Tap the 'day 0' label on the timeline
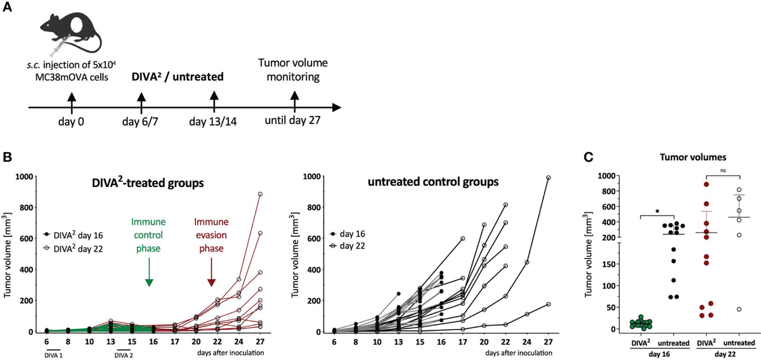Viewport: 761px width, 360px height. (x=71, y=121)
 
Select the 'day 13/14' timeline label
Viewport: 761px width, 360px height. (x=213, y=121)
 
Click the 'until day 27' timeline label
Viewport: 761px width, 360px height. (x=293, y=120)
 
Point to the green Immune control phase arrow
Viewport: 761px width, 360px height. (x=149, y=273)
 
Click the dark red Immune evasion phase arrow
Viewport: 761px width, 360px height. (x=211, y=273)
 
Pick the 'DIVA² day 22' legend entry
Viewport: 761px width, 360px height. (x=73, y=249)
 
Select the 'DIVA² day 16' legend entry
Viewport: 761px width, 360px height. (x=73, y=235)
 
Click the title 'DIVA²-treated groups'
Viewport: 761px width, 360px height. (x=148, y=183)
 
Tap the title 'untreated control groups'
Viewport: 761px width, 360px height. (x=433, y=182)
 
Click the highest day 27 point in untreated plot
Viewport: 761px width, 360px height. (x=548, y=177)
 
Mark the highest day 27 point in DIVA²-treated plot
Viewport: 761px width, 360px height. (x=260, y=194)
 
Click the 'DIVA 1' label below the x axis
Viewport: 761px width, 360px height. (x=54, y=355)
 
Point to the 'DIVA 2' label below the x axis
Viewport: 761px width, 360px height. (x=124, y=355)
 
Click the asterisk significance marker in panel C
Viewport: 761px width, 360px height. (x=658, y=212)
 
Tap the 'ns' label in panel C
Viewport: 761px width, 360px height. (x=723, y=170)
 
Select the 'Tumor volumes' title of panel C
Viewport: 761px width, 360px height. (x=693, y=157)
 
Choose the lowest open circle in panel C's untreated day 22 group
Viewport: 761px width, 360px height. (x=739, y=309)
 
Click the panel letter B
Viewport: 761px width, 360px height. (x=7, y=157)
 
